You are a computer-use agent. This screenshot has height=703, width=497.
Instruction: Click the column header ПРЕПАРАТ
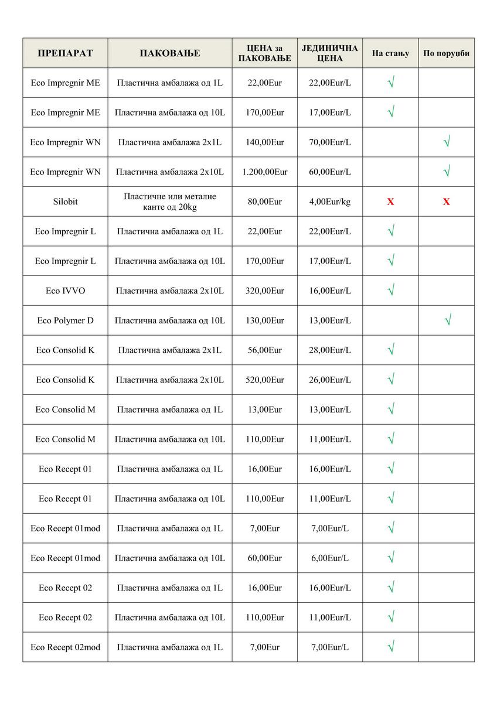pyautogui.click(x=65, y=53)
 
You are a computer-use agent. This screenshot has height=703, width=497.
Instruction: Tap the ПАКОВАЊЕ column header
pyautogui.click(x=169, y=53)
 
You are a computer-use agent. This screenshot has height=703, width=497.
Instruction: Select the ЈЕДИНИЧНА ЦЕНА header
pyautogui.click(x=329, y=53)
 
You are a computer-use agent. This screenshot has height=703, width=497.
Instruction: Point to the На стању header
pyautogui.click(x=390, y=53)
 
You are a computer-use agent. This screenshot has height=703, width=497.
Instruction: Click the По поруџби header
pyautogui.click(x=446, y=53)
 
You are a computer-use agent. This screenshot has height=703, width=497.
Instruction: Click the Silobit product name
pyautogui.click(x=65, y=202)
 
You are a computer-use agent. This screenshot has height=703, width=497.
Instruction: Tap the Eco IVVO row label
pyautogui.click(x=65, y=291)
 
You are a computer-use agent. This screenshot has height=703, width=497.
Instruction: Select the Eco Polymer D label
pyautogui.click(x=65, y=320)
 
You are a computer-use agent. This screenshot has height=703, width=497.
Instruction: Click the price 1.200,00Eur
pyautogui.click(x=264, y=172)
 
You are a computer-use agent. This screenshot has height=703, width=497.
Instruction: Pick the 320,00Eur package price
pyautogui.click(x=264, y=291)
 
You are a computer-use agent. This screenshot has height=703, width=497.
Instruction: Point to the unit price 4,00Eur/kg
pyautogui.click(x=329, y=202)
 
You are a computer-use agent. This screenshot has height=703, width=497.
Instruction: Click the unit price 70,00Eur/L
pyautogui.click(x=329, y=142)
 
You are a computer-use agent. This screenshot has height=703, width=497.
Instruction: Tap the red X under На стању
pyautogui.click(x=390, y=202)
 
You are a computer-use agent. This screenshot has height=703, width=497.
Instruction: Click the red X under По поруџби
pyautogui.click(x=446, y=202)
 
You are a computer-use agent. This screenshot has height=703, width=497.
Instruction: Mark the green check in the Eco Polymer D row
pyautogui.click(x=447, y=320)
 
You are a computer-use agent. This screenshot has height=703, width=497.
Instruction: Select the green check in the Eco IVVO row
pyautogui.click(x=391, y=290)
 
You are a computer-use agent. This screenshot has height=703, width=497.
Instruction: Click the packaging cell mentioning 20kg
pyautogui.click(x=169, y=202)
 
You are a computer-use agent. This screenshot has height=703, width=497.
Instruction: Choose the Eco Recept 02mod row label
pyautogui.click(x=65, y=647)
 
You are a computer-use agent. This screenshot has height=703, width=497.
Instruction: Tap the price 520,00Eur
pyautogui.click(x=264, y=380)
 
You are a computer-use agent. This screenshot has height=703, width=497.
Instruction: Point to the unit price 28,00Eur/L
pyautogui.click(x=329, y=350)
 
